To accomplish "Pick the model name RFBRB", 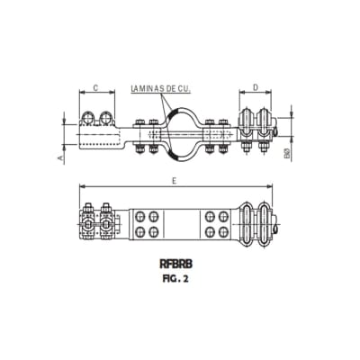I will tap(175, 266).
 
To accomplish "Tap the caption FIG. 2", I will tap(175, 279).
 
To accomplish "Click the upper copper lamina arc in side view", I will tap(177, 112).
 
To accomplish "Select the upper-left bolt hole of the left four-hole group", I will tap(140, 216).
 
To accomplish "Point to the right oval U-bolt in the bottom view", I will tap(267, 224).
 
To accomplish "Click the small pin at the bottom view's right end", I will tap(280, 236).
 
